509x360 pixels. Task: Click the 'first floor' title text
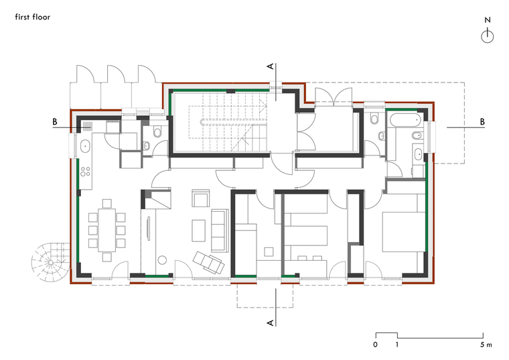click(32, 17)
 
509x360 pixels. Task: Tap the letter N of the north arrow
click(488, 20)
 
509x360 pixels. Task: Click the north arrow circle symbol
click(488, 36)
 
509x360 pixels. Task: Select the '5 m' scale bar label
click(486, 345)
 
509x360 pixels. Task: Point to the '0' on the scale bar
click(375, 345)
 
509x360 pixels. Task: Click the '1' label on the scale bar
click(396, 345)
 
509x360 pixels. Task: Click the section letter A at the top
click(271, 66)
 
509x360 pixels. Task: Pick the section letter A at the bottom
click(271, 322)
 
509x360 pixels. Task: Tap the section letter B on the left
click(55, 122)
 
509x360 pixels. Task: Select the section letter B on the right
click(482, 122)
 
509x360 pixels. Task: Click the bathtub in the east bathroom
click(405, 120)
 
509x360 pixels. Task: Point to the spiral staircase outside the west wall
click(51, 261)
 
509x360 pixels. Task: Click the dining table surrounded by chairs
click(106, 230)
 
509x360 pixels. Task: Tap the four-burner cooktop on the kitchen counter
click(85, 172)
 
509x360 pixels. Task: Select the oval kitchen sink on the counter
click(85, 147)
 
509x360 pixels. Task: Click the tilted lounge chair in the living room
click(208, 262)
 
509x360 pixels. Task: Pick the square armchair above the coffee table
click(200, 198)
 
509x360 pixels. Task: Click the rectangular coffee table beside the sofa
click(198, 231)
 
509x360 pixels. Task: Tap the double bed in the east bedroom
click(403, 232)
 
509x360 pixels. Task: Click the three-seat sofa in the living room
click(220, 231)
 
